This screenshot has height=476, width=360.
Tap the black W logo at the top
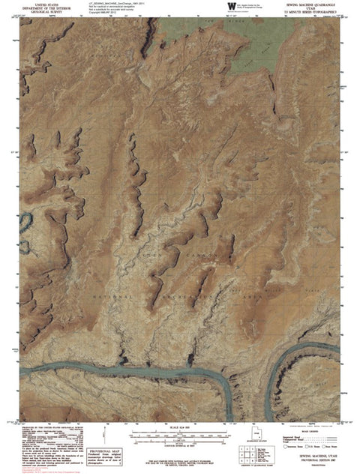tap(231, 7)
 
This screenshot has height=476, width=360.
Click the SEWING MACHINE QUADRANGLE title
tap(313, 4)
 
